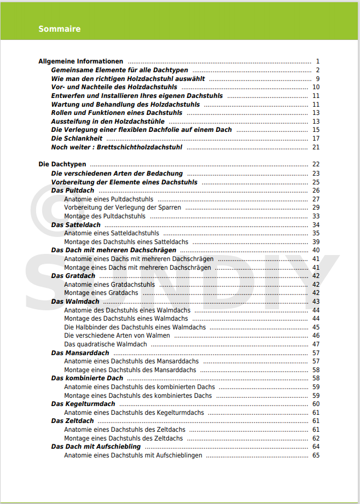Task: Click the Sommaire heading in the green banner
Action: [60, 29]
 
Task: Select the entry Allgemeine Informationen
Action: [81, 61]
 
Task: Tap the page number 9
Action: [317, 79]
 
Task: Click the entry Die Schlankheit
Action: [77, 138]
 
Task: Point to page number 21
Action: [316, 147]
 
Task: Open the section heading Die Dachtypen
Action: [62, 164]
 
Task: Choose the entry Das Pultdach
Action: [73, 190]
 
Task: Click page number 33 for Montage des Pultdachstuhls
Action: [316, 216]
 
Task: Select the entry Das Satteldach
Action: [76, 225]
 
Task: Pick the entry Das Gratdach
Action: [73, 276]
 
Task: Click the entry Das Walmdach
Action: [76, 302]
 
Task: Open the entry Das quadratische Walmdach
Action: [106, 344]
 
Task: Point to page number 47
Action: [316, 344]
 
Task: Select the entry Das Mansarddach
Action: [80, 353]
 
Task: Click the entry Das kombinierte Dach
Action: [88, 378]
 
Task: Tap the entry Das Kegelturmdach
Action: [83, 404]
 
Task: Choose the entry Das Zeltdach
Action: [73, 421]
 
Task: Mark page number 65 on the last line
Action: [316, 455]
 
